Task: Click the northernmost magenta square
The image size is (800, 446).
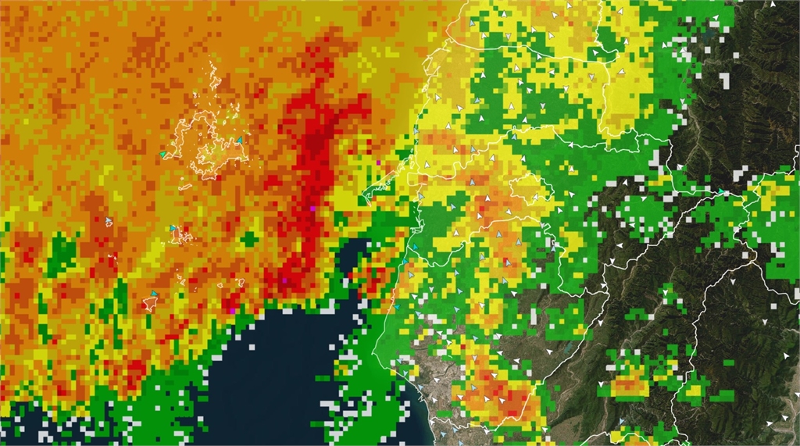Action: (378, 162)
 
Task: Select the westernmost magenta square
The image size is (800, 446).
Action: (233, 311)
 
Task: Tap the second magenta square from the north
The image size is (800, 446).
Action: (312, 209)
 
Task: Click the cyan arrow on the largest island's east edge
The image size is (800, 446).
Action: (240, 141)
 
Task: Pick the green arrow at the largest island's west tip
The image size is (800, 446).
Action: (163, 155)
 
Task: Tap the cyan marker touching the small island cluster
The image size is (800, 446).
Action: (173, 228)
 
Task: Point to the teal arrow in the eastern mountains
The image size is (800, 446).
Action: (720, 191)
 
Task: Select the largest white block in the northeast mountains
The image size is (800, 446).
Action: (723, 80)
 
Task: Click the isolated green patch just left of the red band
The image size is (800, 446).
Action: (248, 237)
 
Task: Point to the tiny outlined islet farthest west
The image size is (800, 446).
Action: (109, 223)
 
